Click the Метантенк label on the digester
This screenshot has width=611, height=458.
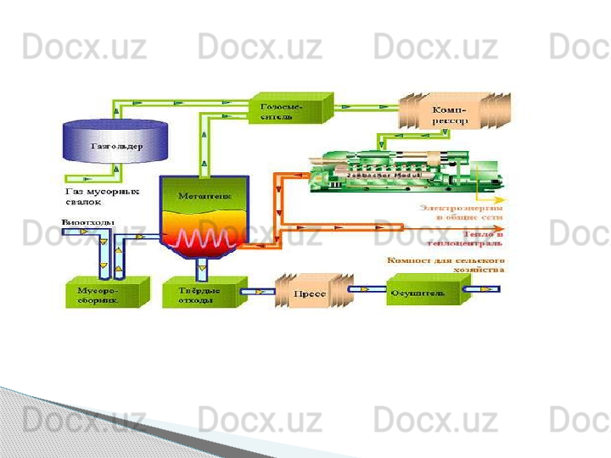point(204,196)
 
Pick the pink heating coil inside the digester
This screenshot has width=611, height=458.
point(204,237)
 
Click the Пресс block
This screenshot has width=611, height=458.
point(311,293)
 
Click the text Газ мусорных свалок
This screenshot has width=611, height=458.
point(102,197)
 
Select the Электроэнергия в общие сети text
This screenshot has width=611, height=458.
point(462,211)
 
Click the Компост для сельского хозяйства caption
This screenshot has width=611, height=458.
point(447,265)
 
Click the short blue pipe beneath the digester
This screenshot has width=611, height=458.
point(203,268)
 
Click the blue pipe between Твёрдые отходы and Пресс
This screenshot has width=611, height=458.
point(257,292)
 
